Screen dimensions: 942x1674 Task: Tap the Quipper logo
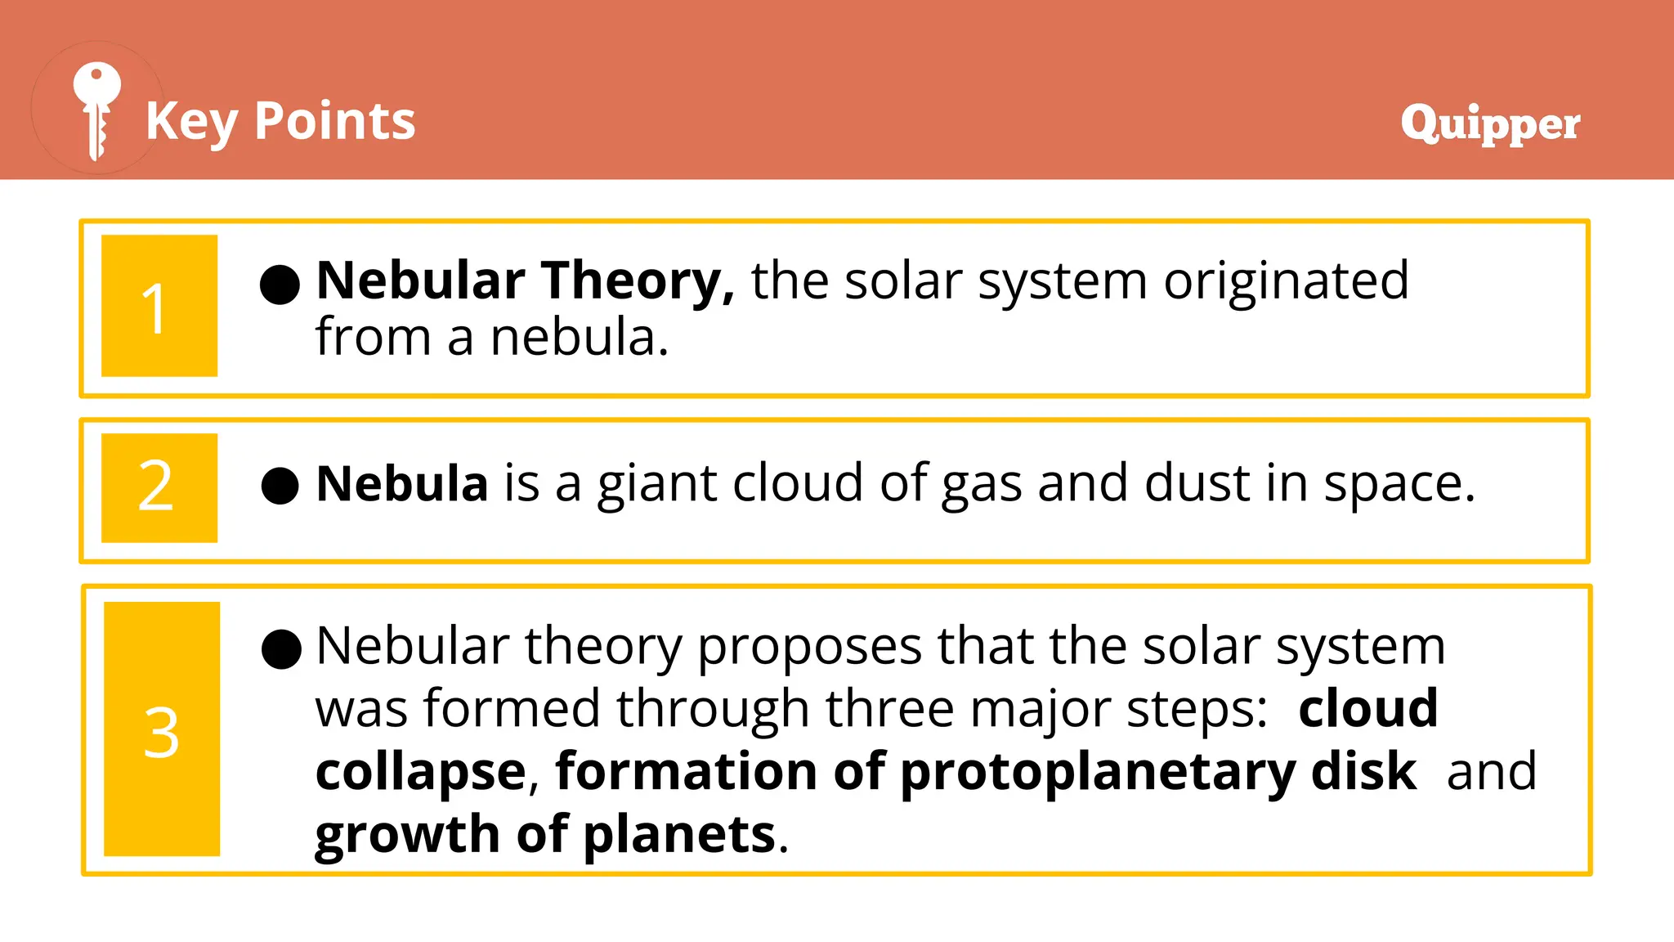point(1489,123)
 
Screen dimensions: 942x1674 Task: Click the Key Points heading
point(280,121)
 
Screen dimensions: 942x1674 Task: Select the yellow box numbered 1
point(159,306)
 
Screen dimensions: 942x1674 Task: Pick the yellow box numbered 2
point(159,487)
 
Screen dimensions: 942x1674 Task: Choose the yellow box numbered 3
point(162,729)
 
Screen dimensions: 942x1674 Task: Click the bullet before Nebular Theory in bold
point(280,284)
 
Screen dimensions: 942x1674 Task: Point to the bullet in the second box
point(280,486)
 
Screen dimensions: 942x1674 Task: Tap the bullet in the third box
point(281,649)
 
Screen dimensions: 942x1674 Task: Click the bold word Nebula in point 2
point(402,483)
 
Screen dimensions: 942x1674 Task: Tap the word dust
point(1197,483)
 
